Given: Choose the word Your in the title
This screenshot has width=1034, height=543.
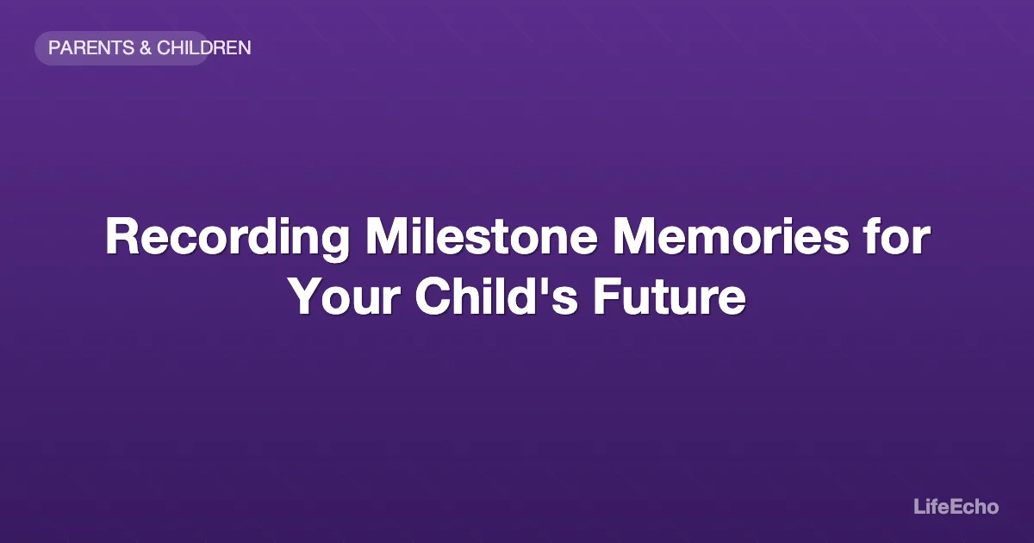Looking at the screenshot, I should click(344, 297).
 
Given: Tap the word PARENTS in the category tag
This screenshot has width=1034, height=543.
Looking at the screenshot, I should click(90, 48).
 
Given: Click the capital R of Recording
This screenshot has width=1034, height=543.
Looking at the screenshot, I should click(121, 237).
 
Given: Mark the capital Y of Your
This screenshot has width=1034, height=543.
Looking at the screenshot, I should click(305, 297).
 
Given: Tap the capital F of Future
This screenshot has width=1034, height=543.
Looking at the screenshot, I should click(604, 297).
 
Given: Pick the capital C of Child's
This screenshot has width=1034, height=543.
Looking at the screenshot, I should click(432, 297).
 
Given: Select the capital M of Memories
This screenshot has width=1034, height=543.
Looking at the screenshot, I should click(632, 237).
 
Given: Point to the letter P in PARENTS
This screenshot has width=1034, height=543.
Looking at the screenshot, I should click(54, 48).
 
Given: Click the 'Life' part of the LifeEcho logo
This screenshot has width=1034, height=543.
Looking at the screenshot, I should click(930, 507).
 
